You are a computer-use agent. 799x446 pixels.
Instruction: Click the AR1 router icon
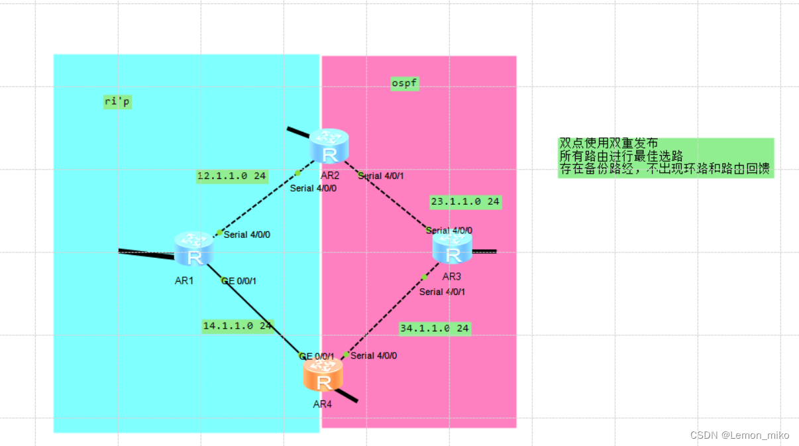pyautogui.click(x=194, y=250)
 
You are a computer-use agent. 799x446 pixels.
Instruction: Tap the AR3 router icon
pyautogui.click(x=453, y=248)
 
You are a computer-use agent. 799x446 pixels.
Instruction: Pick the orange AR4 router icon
pyautogui.click(x=323, y=375)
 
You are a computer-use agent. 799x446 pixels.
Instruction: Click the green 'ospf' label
pyautogui.click(x=405, y=84)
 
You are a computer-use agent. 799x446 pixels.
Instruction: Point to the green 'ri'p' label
pyautogui.click(x=117, y=101)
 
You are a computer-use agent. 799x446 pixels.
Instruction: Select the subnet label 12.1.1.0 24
pyautogui.click(x=232, y=176)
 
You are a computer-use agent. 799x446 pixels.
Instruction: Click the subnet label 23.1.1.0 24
pyautogui.click(x=465, y=201)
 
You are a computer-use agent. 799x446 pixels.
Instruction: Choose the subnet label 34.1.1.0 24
pyautogui.click(x=435, y=328)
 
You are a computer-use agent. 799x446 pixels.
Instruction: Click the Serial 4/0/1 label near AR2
pyautogui.click(x=381, y=176)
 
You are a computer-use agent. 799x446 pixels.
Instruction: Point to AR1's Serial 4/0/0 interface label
pyautogui.click(x=247, y=235)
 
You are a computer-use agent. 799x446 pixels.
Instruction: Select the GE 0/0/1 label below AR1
pyautogui.click(x=239, y=281)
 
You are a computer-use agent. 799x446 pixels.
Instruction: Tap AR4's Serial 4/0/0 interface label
pyautogui.click(x=374, y=356)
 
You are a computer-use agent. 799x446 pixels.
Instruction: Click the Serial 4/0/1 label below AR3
pyautogui.click(x=442, y=292)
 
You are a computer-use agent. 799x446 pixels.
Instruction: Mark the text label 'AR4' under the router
pyautogui.click(x=322, y=404)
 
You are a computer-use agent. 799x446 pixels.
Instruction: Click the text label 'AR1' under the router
pyautogui.click(x=184, y=280)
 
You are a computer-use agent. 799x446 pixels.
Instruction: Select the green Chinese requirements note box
pyautogui.click(x=665, y=157)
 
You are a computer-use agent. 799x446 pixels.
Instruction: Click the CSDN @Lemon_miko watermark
pyautogui.click(x=739, y=435)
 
